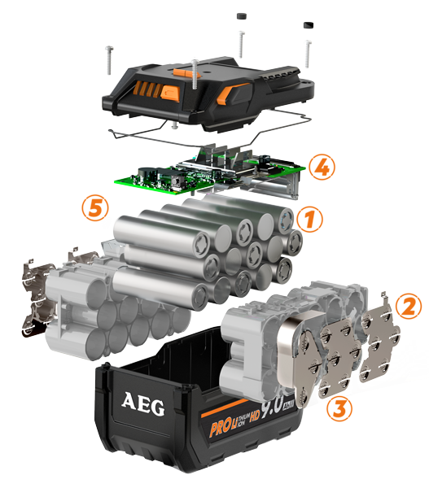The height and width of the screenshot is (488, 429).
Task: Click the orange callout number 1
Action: pyautogui.click(x=307, y=218)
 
